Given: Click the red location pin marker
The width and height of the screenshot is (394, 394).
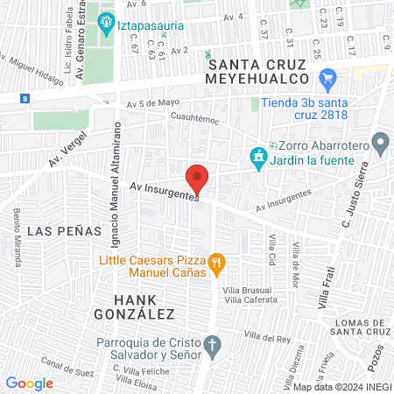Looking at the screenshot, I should click(x=199, y=179).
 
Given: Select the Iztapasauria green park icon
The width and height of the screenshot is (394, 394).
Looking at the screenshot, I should click(x=107, y=23).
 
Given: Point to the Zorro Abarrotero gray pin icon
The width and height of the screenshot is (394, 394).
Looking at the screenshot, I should click(x=380, y=141).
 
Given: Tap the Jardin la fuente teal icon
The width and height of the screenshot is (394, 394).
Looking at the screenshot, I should click(x=257, y=158).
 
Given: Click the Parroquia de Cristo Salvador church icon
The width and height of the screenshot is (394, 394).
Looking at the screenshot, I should click(x=210, y=343).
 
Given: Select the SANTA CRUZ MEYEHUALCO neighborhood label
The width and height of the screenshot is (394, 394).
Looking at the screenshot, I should click(x=255, y=71).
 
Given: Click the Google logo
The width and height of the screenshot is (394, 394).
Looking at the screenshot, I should click(x=30, y=383).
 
